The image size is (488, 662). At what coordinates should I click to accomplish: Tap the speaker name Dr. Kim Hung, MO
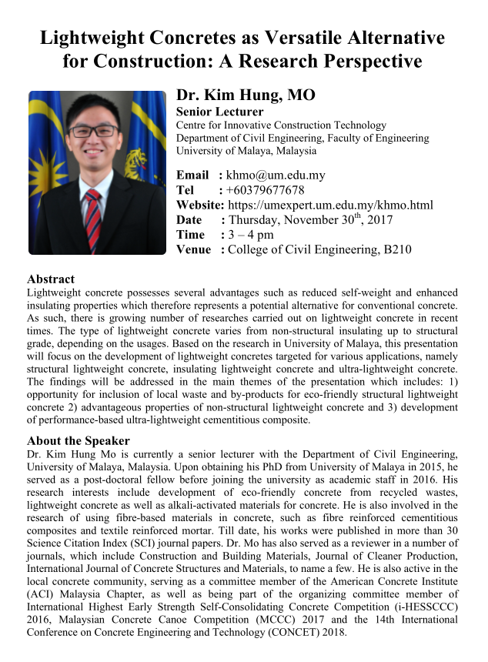(x=246, y=96)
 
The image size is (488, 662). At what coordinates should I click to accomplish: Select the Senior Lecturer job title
(x=219, y=112)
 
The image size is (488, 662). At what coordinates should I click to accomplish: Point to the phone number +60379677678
(x=265, y=190)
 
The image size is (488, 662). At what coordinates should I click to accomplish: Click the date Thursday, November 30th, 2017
(x=311, y=219)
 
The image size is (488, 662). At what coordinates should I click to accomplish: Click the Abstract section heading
(x=51, y=279)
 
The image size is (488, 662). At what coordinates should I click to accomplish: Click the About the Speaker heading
(x=79, y=441)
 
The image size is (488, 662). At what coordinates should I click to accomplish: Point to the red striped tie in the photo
(x=92, y=219)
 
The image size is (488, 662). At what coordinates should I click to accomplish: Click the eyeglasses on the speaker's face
(x=93, y=131)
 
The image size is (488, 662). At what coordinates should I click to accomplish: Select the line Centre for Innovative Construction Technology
(x=281, y=125)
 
